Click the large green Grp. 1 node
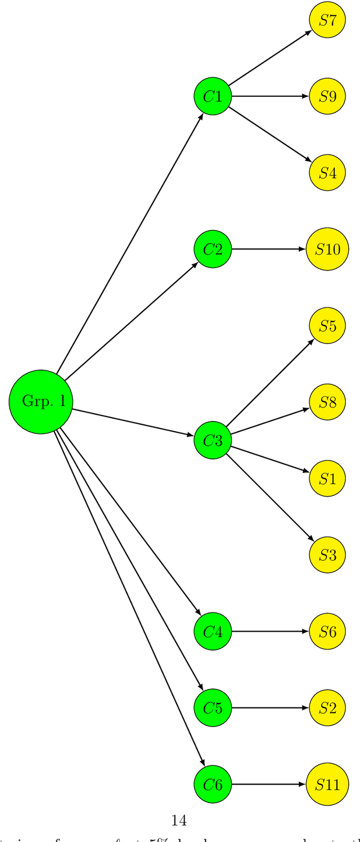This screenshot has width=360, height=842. coord(41,402)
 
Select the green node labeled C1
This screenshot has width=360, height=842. coord(213,96)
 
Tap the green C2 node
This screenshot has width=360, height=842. coord(213,249)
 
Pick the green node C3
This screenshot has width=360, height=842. coord(213,440)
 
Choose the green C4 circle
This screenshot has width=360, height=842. coord(213,631)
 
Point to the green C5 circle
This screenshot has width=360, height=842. coord(213,707)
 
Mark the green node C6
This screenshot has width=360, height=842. coord(213,784)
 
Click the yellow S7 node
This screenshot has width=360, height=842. coord(327,20)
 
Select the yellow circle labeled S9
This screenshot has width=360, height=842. coord(327,96)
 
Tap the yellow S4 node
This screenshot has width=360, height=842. coord(327,173)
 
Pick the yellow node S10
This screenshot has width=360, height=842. coord(327,249)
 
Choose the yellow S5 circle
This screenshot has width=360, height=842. coord(327,325)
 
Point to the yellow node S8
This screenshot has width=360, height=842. coord(327,402)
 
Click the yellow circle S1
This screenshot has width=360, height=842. coord(327,478)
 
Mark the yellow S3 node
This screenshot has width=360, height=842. coord(327,555)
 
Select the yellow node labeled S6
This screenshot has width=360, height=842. coord(327,631)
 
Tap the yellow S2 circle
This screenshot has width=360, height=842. coord(327,707)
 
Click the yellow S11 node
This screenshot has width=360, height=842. coord(327,784)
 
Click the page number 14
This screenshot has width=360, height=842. coord(179,821)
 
